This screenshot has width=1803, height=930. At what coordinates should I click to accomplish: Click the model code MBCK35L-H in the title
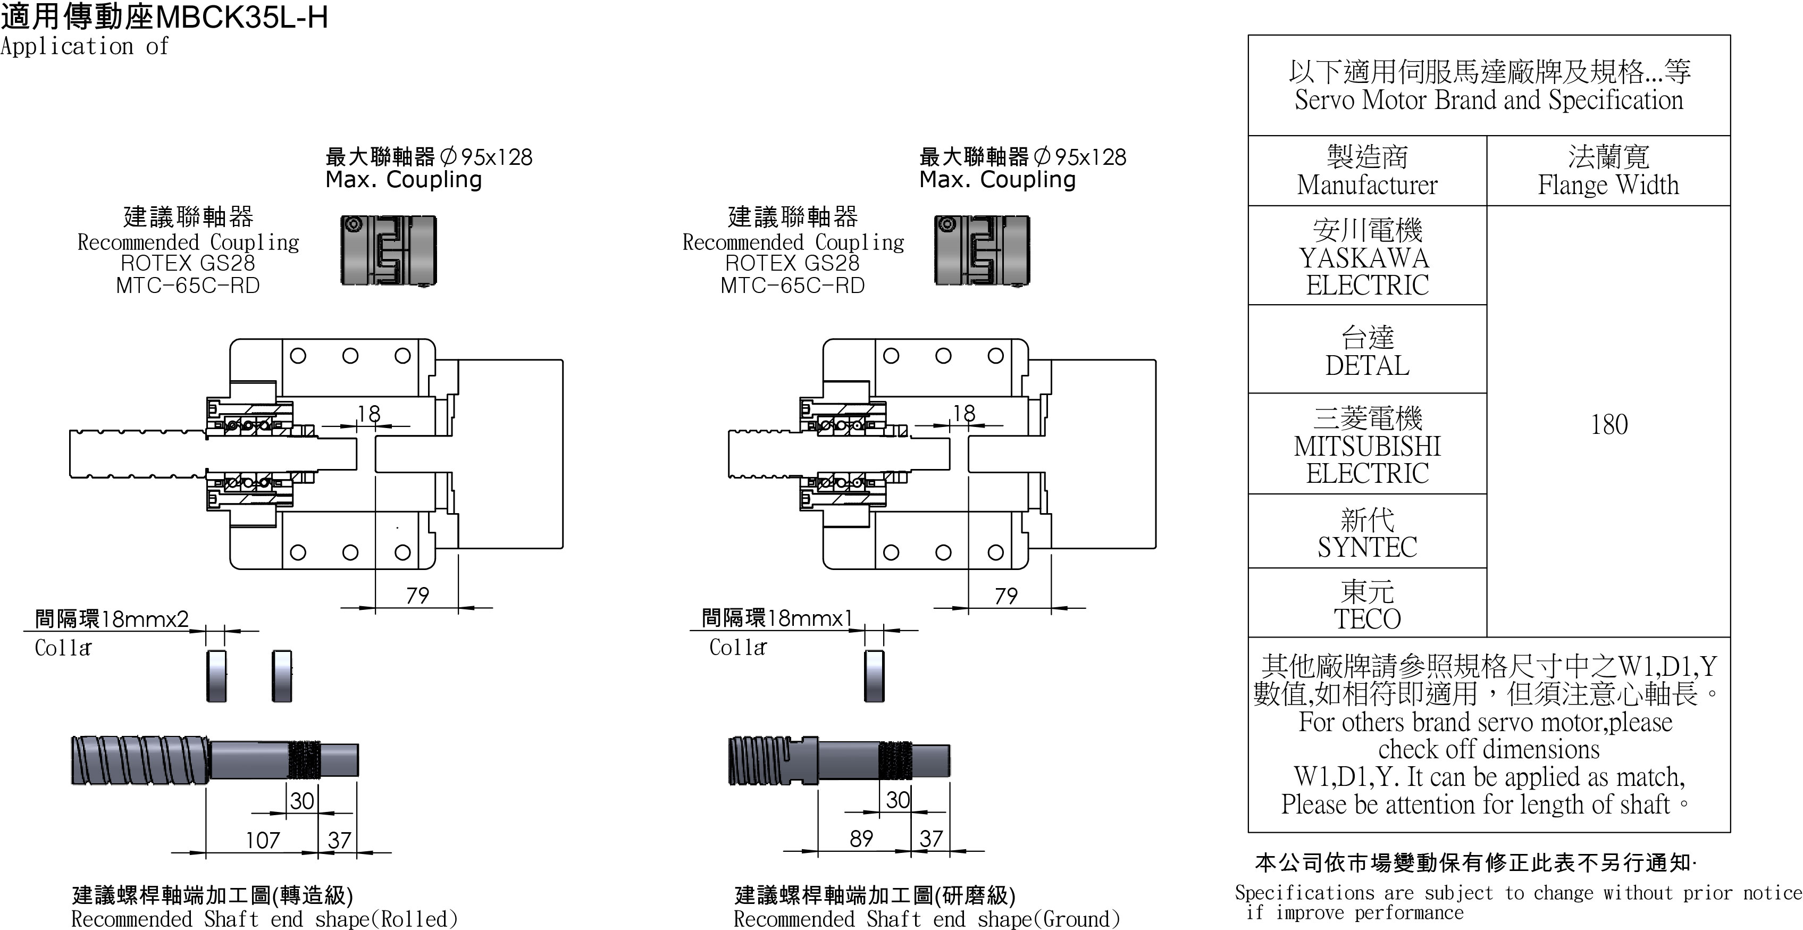[241, 17]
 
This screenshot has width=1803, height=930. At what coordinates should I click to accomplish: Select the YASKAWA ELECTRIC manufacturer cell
[1367, 257]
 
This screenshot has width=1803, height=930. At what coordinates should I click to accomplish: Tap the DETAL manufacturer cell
[1367, 351]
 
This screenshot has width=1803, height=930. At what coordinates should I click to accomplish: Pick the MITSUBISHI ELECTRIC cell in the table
[1367, 446]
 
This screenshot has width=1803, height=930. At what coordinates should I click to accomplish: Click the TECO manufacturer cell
[1367, 605]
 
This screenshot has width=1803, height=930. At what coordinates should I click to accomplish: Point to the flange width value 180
[1608, 424]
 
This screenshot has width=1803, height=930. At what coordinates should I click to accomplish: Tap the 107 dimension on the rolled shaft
[263, 840]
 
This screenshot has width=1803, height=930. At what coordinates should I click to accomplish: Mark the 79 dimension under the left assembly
[417, 596]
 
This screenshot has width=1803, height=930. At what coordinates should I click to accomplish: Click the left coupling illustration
[389, 250]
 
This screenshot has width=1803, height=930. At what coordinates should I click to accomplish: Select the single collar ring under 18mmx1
[874, 676]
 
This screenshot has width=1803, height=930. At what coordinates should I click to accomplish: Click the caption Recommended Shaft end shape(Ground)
[926, 919]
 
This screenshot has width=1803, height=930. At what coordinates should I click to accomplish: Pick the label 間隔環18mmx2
[112, 618]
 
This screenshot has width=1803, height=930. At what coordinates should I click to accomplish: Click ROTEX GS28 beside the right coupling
[792, 263]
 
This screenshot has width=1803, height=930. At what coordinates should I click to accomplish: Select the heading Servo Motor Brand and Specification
[1489, 100]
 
